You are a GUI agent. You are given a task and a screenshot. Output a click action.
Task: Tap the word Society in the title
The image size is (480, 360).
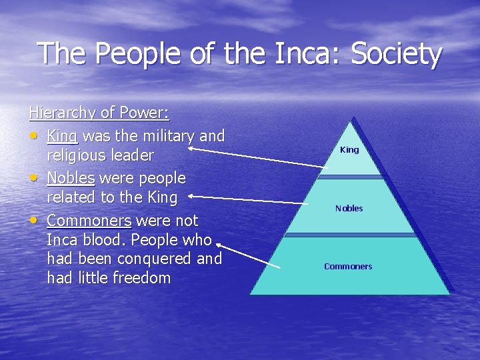click(396, 55)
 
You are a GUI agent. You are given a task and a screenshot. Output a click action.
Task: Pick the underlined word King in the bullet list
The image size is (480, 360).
click(63, 137)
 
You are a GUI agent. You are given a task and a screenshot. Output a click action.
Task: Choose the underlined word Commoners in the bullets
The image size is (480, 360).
click(89, 221)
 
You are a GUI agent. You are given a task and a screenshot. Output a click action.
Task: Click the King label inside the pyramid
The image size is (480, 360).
click(349, 150)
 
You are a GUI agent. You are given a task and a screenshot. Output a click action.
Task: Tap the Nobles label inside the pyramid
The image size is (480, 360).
click(349, 209)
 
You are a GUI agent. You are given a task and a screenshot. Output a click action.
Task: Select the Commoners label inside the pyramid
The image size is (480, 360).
click(348, 267)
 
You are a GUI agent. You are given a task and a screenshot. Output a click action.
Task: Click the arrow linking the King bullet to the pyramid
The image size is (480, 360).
click(253, 157)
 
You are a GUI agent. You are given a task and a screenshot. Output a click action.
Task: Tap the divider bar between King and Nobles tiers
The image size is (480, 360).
click(349, 177)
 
